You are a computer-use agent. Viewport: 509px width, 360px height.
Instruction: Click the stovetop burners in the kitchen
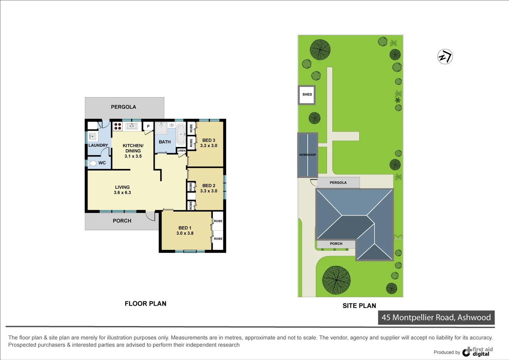118,126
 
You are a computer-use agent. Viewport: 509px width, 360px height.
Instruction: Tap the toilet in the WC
92,163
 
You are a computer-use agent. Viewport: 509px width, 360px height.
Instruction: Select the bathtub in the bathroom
181,134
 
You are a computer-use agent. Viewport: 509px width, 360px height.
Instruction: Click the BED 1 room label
185,228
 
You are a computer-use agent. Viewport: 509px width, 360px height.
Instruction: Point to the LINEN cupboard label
182,150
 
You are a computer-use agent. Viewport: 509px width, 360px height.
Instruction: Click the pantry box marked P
148,126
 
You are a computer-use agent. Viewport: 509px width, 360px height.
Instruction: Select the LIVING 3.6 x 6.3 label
122,190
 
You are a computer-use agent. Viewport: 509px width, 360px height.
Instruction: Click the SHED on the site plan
307,95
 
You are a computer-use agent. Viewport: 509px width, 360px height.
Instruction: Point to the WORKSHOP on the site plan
308,155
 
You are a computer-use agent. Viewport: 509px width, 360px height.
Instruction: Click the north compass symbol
445,57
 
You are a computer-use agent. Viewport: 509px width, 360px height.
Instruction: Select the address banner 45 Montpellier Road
436,318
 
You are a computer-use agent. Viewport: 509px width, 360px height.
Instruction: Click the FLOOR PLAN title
145,304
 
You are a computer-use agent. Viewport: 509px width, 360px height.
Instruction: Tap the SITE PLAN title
359,306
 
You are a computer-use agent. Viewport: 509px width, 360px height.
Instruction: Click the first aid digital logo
478,352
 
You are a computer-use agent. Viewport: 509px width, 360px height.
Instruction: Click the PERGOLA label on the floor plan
124,107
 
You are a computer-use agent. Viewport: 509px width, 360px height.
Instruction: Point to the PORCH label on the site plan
336,244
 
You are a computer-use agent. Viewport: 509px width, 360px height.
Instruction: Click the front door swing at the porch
150,216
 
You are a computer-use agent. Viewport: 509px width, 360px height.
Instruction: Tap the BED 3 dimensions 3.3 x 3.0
209,146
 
